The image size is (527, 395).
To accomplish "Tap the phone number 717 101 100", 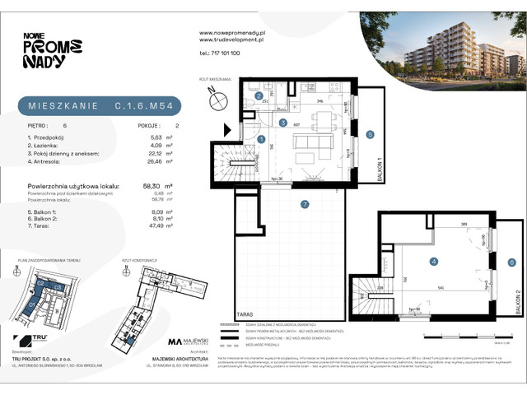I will (220, 53).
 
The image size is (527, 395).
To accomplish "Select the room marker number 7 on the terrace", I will (304, 203).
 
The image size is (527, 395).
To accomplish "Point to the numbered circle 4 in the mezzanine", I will (431, 263).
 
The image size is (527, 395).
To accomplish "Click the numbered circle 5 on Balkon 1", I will (371, 134).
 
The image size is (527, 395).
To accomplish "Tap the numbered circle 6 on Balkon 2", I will (511, 263).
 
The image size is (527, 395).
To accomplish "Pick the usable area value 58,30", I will (151, 186).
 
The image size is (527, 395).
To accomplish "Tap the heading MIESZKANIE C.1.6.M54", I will (98, 105).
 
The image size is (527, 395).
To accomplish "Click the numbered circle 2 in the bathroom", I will (259, 96).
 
